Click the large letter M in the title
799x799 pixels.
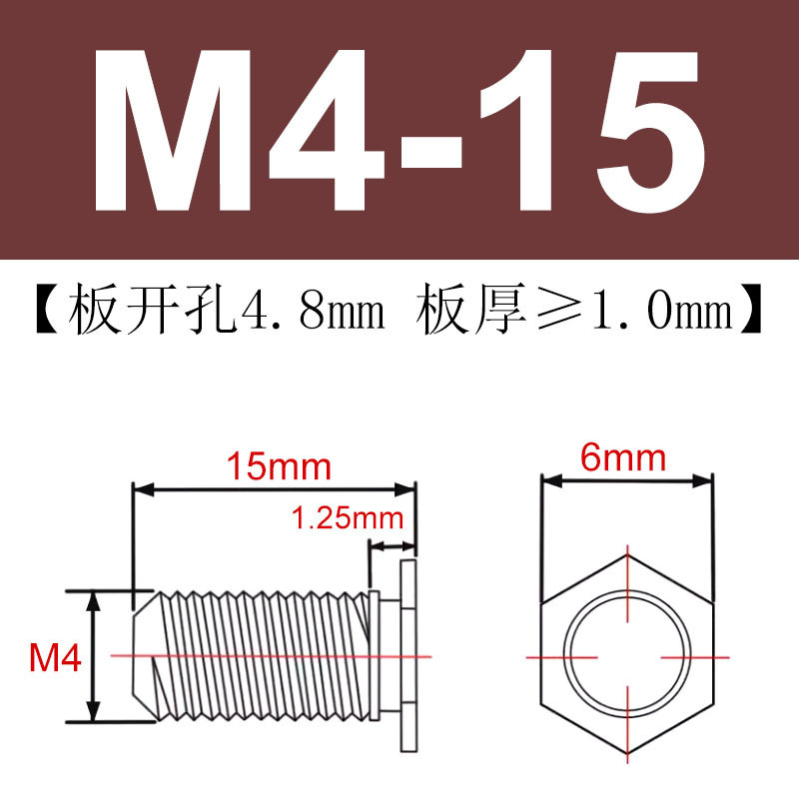point(172,130)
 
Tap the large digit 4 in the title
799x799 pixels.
point(327,130)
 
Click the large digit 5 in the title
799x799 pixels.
point(651,131)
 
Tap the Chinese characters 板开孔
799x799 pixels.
point(152,310)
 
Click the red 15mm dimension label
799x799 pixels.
point(279,466)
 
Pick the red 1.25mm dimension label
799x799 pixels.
point(348,518)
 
